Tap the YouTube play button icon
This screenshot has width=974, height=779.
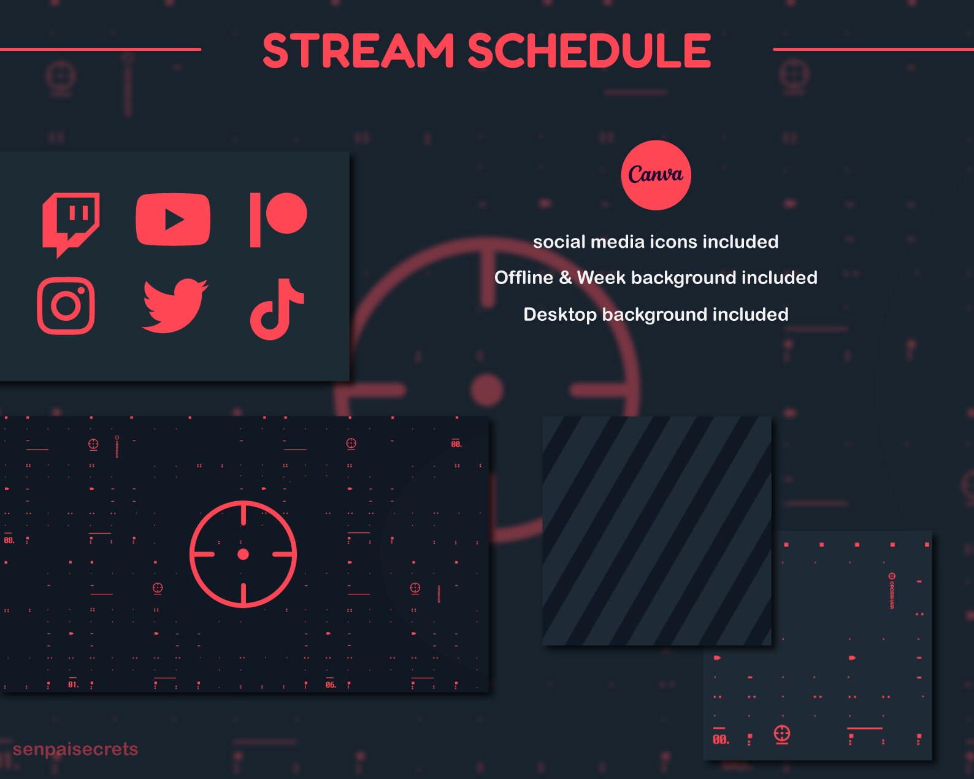173,219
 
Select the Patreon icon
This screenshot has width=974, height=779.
278,219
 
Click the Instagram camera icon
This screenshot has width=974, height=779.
66,305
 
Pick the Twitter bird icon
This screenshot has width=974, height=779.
174,305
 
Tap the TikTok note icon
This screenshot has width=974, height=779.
276,309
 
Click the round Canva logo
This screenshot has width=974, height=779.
656,175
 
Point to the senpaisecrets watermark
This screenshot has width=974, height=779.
75,749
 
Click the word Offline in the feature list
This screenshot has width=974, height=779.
524,278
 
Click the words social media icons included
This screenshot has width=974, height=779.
656,242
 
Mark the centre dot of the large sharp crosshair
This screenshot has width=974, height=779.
243,555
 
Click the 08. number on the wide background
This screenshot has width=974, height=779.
9,540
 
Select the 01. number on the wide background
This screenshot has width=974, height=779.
74,685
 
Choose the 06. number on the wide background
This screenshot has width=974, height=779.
331,685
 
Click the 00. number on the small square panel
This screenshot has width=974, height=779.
721,740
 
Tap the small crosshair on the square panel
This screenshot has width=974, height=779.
781,734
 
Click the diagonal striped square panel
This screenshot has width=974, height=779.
656,531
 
